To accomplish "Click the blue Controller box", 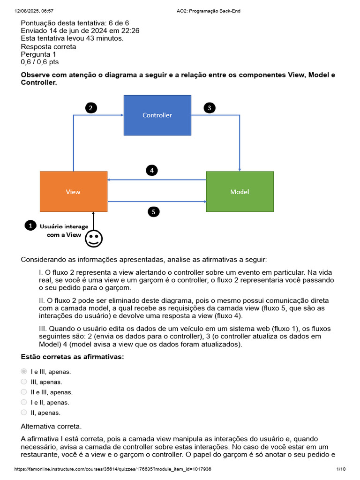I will pos(157,115).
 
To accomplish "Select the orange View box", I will pos(74,192).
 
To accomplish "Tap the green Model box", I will pos(240,192).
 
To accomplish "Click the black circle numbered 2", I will pos(91,108).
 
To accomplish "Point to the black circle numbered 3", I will pos(210,108).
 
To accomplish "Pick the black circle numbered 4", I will pos(151,170).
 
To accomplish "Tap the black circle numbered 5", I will pos(153,212).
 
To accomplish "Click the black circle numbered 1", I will pos(30,226).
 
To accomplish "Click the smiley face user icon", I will pos(94,239).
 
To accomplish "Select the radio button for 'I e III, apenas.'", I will pos(24,371).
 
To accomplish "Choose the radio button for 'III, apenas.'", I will pos(24,382).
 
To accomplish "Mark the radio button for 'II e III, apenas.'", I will pos(24,392).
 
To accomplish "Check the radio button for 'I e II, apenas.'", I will pos(24,402).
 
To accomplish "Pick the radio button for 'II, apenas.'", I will pos(24,412).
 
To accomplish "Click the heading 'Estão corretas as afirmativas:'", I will pos(73,357).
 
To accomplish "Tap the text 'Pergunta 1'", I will pos(38,54).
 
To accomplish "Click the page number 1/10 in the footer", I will pos(341,469).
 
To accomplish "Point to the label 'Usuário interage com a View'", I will pos(64,231).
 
